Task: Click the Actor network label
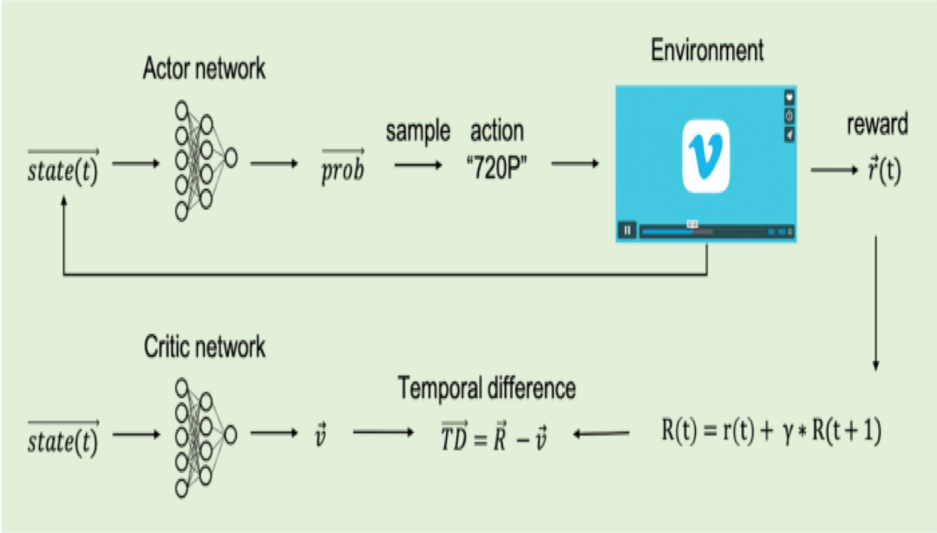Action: click(x=204, y=70)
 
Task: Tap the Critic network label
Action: click(x=204, y=348)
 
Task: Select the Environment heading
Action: click(x=707, y=50)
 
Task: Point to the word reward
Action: click(x=877, y=124)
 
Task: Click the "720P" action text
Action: click(x=495, y=166)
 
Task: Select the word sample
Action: click(x=418, y=131)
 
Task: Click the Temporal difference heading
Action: click(x=487, y=388)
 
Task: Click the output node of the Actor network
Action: click(x=231, y=156)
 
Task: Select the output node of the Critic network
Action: click(x=231, y=433)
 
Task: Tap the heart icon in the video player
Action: click(x=790, y=96)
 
